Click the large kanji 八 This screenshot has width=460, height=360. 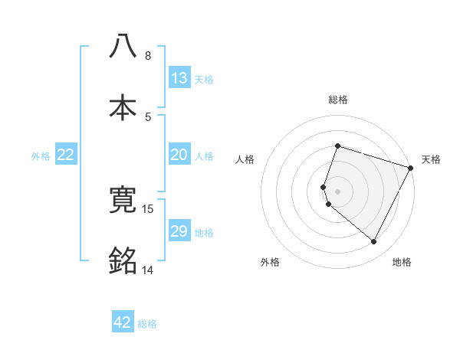[123, 47]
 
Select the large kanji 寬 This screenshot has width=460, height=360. [123, 201]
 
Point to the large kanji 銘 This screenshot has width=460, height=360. [123, 261]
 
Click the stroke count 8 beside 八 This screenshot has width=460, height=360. [147, 56]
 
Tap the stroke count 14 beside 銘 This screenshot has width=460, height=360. [147, 270]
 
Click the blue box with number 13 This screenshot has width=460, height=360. [179, 77]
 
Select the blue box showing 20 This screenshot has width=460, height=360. [179, 155]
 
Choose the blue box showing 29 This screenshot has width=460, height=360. [179, 231]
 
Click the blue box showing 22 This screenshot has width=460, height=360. [66, 155]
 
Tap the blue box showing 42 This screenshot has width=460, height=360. [123, 322]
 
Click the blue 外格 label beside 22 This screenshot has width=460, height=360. [41, 155]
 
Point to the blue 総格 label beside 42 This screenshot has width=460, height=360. [147, 324]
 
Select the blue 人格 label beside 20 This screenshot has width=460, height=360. [204, 155]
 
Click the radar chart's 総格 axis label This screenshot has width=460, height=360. [337, 100]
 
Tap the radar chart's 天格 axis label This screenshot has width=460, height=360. [431, 159]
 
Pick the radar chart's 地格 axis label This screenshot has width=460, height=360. [402, 263]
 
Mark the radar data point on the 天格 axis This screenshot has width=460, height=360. [411, 167]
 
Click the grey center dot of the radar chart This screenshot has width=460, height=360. [337, 191]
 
